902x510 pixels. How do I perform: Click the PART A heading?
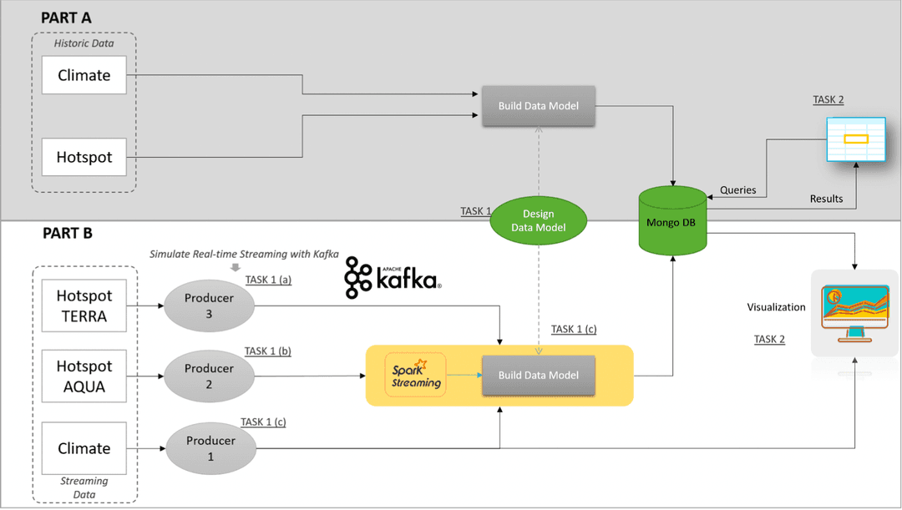pyautogui.click(x=66, y=18)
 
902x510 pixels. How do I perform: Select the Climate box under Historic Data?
pyautogui.click(x=84, y=75)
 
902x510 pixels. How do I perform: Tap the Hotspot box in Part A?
pyautogui.click(x=84, y=157)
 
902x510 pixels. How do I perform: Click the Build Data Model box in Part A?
pyautogui.click(x=538, y=106)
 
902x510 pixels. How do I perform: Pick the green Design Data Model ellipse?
pyautogui.click(x=538, y=221)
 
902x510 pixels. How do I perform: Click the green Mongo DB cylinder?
pyautogui.click(x=672, y=222)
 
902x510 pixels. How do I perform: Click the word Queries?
pyautogui.click(x=737, y=190)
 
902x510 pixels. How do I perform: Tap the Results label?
pyautogui.click(x=826, y=199)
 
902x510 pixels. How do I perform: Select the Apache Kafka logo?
pyautogui.click(x=393, y=277)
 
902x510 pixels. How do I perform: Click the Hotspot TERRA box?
pyautogui.click(x=84, y=305)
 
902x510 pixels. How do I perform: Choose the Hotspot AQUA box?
pyautogui.click(x=84, y=376)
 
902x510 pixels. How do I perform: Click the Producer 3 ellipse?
pyautogui.click(x=209, y=306)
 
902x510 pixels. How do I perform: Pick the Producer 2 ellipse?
pyautogui.click(x=209, y=376)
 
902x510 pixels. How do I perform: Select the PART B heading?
pyautogui.click(x=66, y=234)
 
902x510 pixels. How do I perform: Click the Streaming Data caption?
pyautogui.click(x=84, y=487)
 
